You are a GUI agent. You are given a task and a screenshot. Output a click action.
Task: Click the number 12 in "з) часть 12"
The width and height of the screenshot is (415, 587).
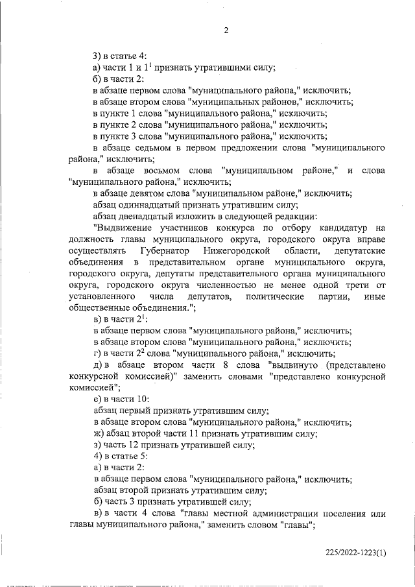pyautogui.click(x=137, y=445)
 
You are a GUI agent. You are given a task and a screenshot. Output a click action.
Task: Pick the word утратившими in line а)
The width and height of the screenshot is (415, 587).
pyautogui.click(x=214, y=67)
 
